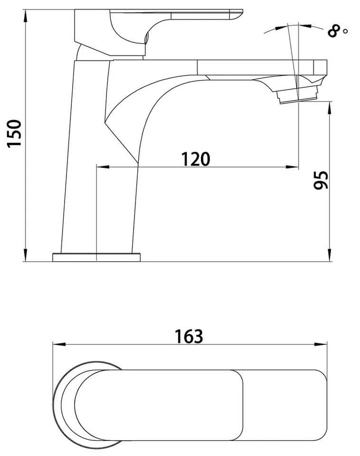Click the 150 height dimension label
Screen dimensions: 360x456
(x=15, y=133)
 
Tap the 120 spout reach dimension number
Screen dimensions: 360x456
(x=195, y=159)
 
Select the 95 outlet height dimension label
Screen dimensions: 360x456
(x=322, y=180)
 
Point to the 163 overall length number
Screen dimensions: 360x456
(x=189, y=336)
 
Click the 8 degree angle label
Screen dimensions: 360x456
(x=334, y=31)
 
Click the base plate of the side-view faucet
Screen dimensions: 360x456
(x=96, y=257)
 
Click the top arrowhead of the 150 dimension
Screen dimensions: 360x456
(x=26, y=17)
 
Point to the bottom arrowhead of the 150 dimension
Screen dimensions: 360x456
(x=26, y=255)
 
